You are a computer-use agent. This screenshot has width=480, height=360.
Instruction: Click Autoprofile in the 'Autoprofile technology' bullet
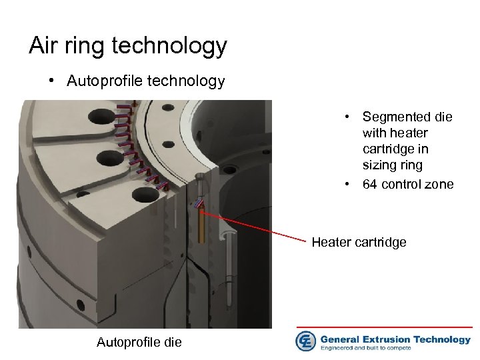click(x=101, y=81)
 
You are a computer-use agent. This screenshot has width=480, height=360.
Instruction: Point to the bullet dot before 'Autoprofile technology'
click(x=51, y=81)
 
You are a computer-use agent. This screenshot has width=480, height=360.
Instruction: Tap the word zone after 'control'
click(x=439, y=184)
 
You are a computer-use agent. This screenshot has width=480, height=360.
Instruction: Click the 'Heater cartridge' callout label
click(x=359, y=242)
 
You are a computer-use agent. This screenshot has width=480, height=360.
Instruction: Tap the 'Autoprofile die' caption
click(x=138, y=343)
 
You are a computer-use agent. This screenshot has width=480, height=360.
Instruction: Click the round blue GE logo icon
click(x=306, y=341)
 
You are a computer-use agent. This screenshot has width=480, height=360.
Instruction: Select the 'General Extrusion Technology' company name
click(x=395, y=339)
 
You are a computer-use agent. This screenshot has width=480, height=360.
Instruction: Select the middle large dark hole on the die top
click(x=105, y=157)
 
